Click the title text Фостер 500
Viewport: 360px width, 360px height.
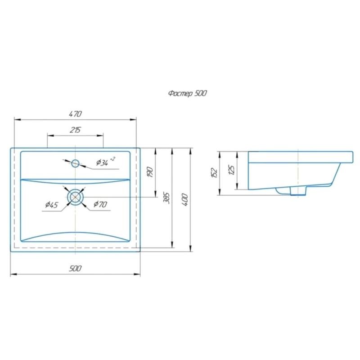188,94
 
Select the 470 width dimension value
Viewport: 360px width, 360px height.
75,114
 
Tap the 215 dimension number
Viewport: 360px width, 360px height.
75,130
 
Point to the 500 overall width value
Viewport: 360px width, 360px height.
75,268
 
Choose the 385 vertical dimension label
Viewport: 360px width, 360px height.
166,198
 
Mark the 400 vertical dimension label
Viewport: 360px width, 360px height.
185,200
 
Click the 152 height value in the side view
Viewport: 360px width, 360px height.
214,173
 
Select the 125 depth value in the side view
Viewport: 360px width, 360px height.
232,170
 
